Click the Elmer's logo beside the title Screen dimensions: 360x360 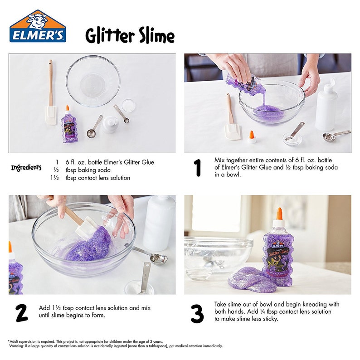coord(38,27)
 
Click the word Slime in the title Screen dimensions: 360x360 coord(151,36)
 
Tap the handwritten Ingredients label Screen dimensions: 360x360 coord(26,168)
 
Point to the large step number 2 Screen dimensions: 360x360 coord(21,313)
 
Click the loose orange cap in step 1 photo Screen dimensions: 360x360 coord(252,137)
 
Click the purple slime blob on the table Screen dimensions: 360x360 coord(249,279)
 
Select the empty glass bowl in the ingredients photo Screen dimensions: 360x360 coord(93,81)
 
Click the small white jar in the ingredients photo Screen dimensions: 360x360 coord(110,124)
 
